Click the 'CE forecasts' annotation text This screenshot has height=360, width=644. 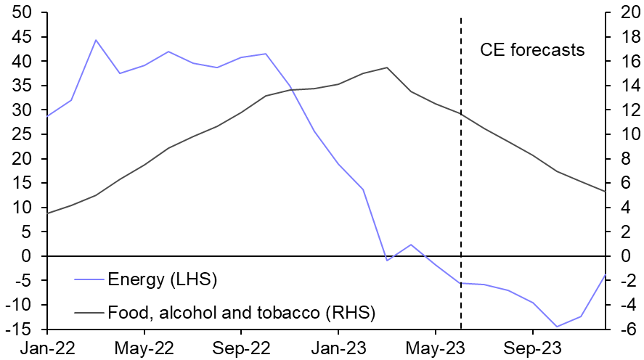point(532,50)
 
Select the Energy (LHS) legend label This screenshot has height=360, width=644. point(162,279)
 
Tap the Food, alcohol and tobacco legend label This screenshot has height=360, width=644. point(241,314)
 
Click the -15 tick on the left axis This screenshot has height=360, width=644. point(20,330)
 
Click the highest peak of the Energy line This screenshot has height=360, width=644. point(96,40)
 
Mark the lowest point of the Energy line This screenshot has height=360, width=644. point(557,327)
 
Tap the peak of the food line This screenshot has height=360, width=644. point(387,67)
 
